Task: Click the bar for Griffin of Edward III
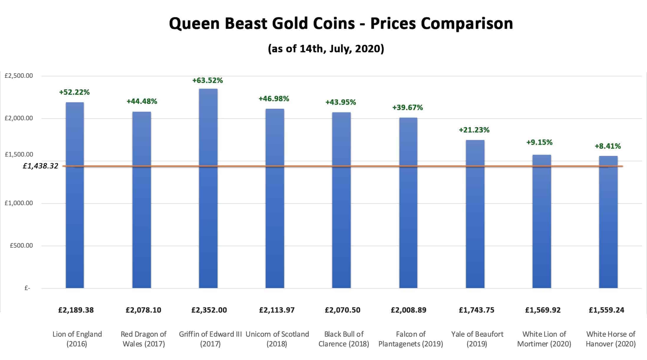(x=208, y=189)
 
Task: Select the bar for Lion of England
(x=75, y=195)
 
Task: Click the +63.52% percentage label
(x=207, y=80)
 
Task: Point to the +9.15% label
(x=539, y=142)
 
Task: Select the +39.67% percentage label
(x=407, y=108)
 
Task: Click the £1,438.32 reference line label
(x=41, y=166)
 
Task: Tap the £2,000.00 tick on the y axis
(x=19, y=118)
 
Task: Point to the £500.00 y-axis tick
(x=21, y=246)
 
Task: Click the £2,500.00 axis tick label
(x=19, y=76)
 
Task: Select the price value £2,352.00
(x=209, y=310)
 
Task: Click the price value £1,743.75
(x=476, y=310)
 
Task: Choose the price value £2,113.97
(x=277, y=310)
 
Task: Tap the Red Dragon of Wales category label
(x=143, y=339)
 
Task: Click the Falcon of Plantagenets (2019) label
(x=410, y=339)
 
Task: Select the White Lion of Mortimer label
(x=544, y=339)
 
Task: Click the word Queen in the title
(x=194, y=24)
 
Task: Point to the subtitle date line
(x=326, y=48)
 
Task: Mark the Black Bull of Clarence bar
(x=341, y=200)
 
